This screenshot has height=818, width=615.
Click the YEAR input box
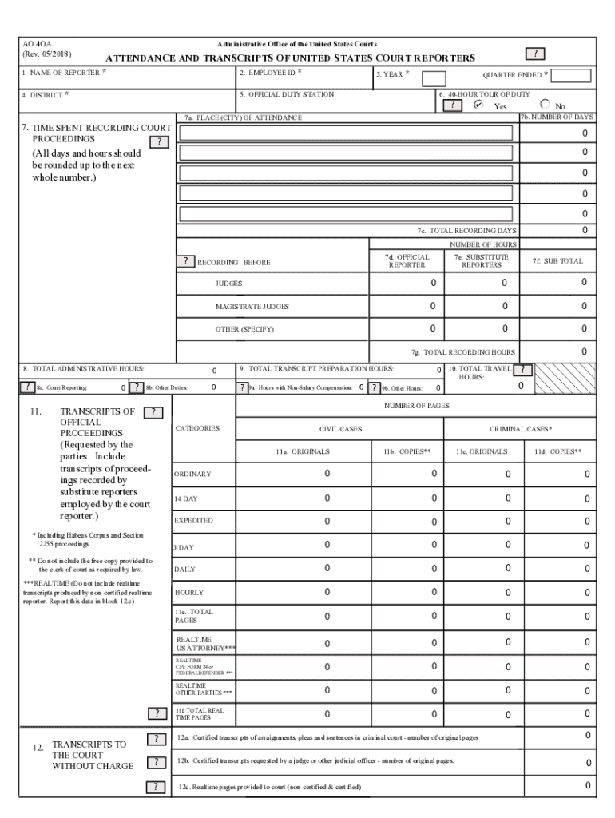(433, 78)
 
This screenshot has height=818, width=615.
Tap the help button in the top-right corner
(534, 54)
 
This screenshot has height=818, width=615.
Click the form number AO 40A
(38, 43)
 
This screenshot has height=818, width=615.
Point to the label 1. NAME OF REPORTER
(61, 73)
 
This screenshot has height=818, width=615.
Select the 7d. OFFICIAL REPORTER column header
(412, 261)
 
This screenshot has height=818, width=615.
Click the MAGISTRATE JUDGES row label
(252, 307)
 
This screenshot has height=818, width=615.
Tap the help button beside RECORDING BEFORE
(185, 262)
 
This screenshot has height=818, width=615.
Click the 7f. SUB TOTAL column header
(564, 261)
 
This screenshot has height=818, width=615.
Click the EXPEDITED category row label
(194, 521)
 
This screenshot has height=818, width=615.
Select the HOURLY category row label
(189, 593)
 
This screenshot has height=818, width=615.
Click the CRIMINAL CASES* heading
(521, 429)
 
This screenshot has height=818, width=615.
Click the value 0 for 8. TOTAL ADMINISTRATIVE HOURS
(213, 371)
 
